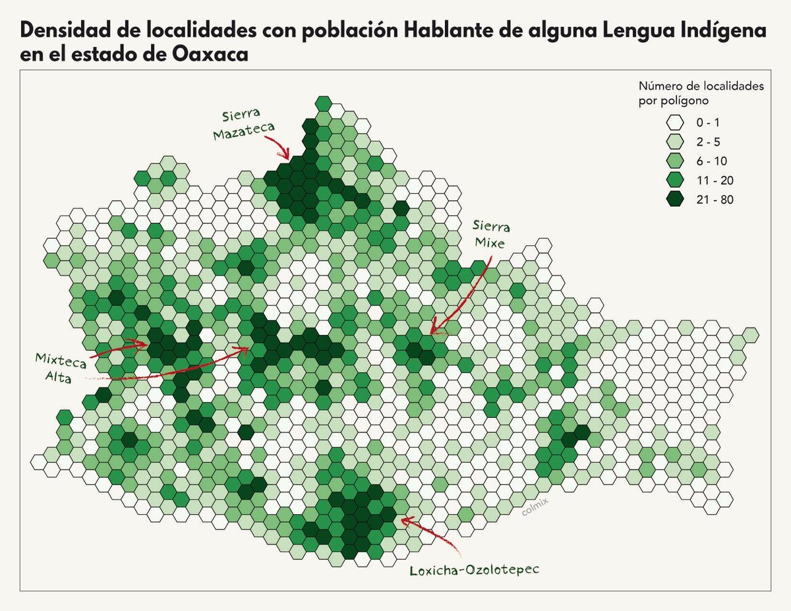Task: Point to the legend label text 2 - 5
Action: [x=706, y=142]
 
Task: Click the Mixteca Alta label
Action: [x=54, y=366]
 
